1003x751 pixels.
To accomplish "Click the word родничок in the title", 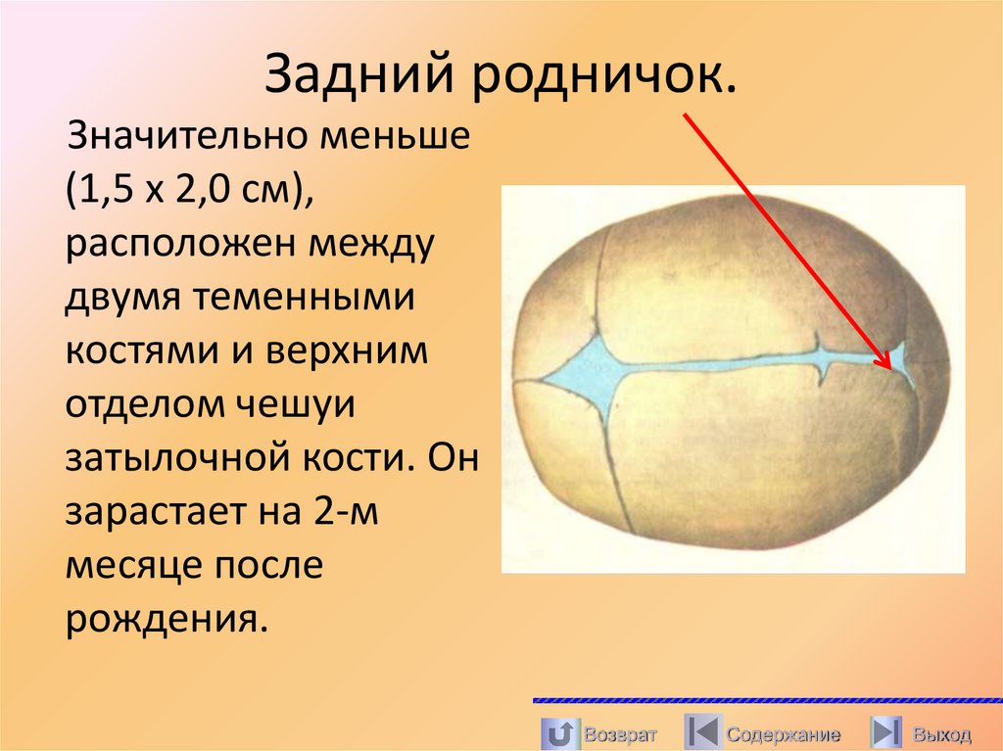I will tap(603, 77).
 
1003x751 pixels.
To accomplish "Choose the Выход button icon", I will tap(885, 732).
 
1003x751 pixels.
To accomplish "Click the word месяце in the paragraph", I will tap(129, 567).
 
